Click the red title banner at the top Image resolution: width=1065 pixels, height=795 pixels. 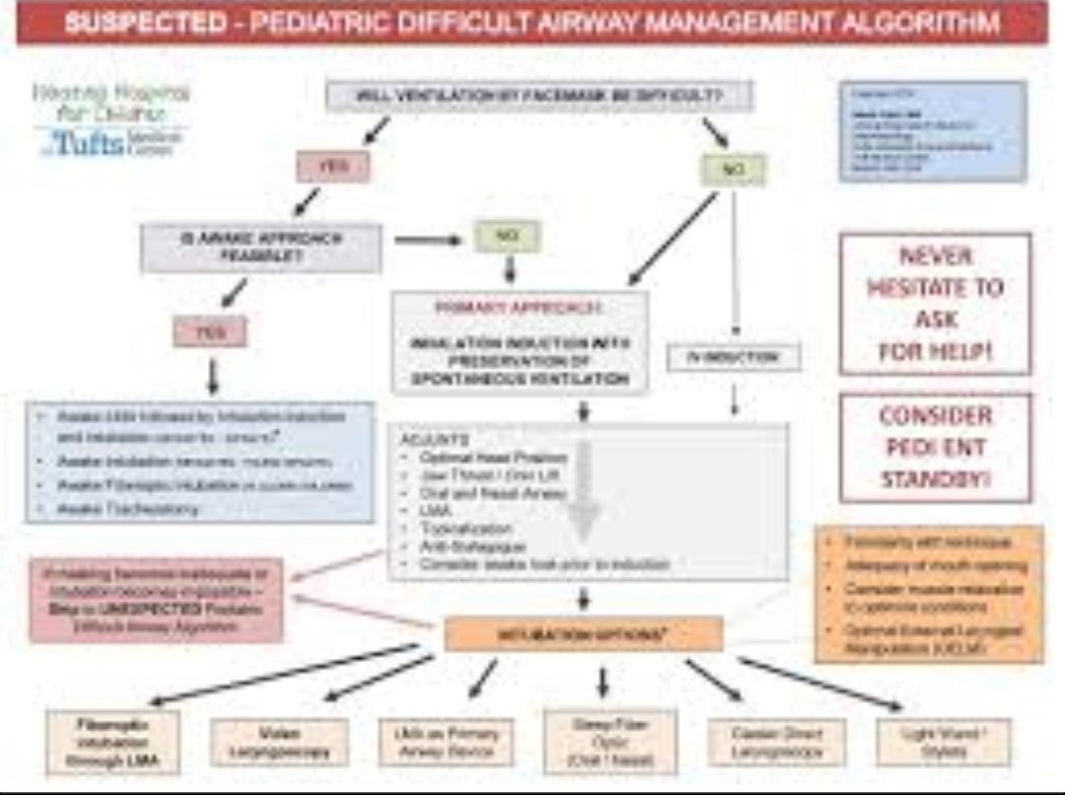(x=532, y=24)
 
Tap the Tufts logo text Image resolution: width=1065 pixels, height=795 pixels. (x=89, y=143)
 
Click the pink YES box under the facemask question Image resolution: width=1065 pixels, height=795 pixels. (x=333, y=166)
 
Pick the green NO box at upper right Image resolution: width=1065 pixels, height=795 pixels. (x=733, y=169)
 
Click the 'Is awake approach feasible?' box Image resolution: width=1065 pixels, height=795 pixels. (x=260, y=247)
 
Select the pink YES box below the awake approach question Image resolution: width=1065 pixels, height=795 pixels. (x=209, y=332)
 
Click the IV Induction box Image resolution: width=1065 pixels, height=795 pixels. (x=734, y=357)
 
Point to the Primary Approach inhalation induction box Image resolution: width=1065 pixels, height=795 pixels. (x=520, y=342)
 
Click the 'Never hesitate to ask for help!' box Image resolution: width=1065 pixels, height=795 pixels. (x=935, y=303)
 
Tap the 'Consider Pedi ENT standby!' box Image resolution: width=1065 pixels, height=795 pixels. (x=935, y=447)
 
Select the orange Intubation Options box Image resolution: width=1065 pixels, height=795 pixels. (x=583, y=634)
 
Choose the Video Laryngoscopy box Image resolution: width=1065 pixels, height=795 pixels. (x=279, y=742)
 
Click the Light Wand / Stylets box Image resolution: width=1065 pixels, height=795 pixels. (x=944, y=742)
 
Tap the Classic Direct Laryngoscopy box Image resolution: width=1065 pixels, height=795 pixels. (x=777, y=742)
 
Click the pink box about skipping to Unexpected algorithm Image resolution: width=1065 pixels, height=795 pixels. (x=156, y=600)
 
